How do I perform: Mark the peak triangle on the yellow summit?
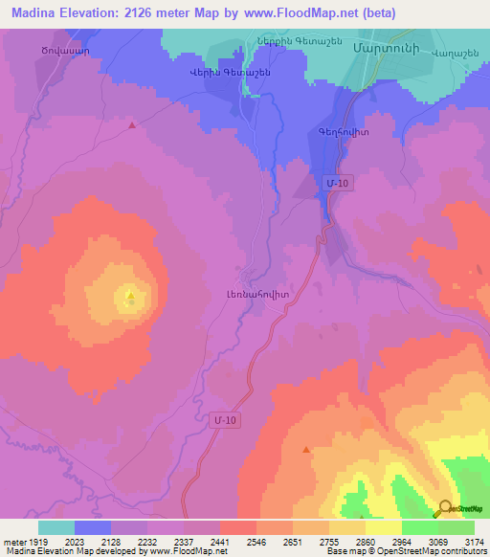pos(130,295)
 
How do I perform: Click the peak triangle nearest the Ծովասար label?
pos(132,124)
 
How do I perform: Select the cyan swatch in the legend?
pos(56,527)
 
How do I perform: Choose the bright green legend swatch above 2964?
pos(419,527)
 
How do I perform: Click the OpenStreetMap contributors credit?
pos(430,552)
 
